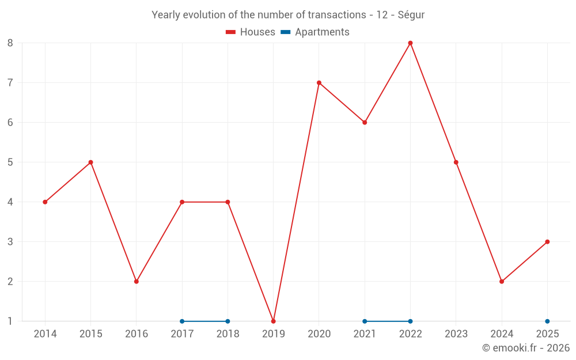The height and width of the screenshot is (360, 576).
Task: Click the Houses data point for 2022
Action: coord(410,43)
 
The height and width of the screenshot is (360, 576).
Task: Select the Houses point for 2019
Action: coord(273,321)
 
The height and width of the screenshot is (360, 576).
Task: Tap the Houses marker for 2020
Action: coord(319,82)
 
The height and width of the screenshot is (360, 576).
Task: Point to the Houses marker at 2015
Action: coord(90,162)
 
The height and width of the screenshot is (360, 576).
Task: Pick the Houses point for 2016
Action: coord(137,281)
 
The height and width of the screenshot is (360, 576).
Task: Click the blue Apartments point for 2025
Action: coord(547,321)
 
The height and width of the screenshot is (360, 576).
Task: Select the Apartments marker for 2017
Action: coord(182,321)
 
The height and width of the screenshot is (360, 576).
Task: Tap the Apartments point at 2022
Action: coord(410,321)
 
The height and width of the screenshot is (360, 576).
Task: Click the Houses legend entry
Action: coord(251,32)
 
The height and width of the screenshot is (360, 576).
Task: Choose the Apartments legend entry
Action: coord(315,32)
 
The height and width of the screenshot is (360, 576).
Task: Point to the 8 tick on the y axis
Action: coord(10,43)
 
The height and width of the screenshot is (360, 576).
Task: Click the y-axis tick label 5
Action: coord(10,162)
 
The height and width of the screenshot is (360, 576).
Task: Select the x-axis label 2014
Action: coord(45,334)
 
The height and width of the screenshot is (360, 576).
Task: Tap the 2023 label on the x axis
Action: coord(456,334)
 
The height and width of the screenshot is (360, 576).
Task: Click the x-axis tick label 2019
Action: coord(273,334)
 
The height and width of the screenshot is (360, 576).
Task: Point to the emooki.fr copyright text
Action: coord(525,348)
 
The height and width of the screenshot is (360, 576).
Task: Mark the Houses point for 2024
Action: coord(502,281)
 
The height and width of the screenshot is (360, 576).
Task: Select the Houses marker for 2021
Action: coord(365,122)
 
